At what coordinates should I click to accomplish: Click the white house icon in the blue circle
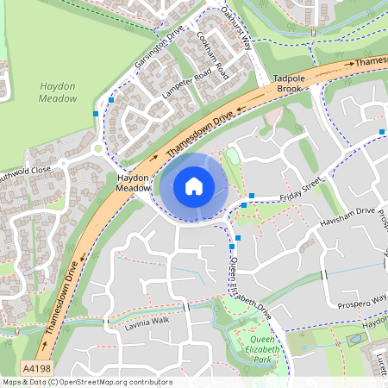coord(194,186)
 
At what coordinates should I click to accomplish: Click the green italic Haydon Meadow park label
coord(57,92)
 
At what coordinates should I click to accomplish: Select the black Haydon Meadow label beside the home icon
coord(133,183)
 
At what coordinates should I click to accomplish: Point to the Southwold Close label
coord(25,170)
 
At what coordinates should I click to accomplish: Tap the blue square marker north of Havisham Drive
coord(382,132)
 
